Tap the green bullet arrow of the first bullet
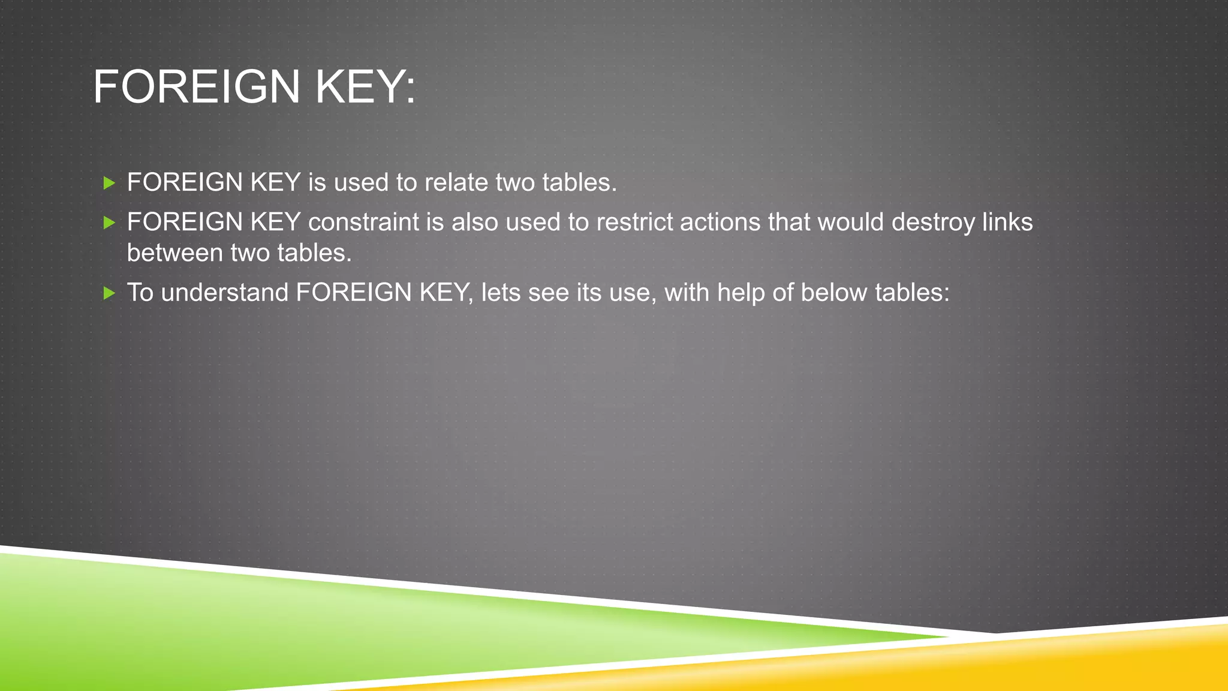109,183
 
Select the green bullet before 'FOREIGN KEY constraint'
109,223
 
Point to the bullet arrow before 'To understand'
109,293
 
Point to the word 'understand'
225,293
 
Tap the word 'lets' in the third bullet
501,293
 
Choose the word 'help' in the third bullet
741,293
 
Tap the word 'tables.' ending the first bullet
579,182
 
